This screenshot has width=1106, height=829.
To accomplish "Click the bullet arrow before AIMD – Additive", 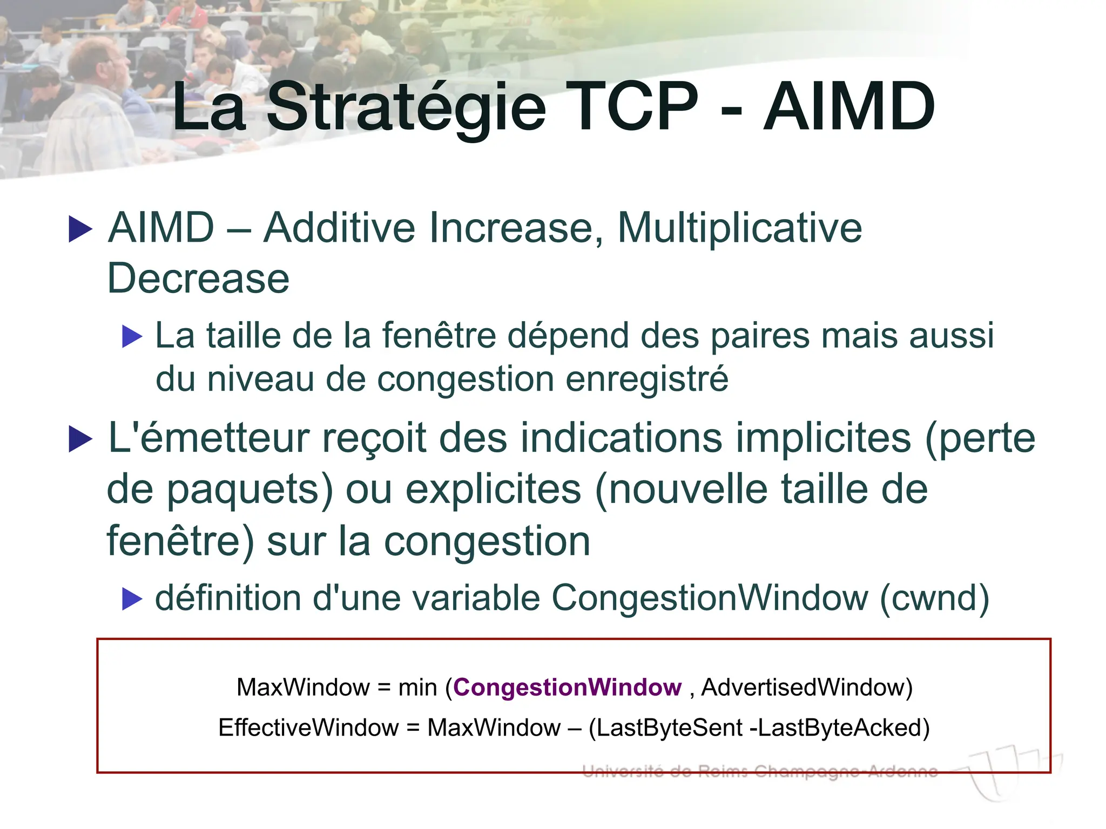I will point(81,229).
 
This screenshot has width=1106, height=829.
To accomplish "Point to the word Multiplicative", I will point(739,228).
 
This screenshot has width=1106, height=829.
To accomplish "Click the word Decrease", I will point(198,278).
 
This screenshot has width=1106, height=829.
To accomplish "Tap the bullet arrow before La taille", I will point(132,337).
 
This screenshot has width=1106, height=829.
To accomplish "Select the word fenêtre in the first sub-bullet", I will point(439,336).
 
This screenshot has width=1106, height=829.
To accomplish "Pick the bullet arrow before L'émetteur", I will point(81,439).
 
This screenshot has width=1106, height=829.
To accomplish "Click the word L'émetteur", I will point(208,438).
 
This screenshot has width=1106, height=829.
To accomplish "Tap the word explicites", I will point(493,490).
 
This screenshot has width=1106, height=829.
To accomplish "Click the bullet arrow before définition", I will point(132,599).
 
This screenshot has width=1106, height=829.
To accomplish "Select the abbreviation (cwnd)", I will point(935,598).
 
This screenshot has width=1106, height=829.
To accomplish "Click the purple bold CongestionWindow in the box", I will point(568,688).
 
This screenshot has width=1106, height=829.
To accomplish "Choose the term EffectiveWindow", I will point(308,728).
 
